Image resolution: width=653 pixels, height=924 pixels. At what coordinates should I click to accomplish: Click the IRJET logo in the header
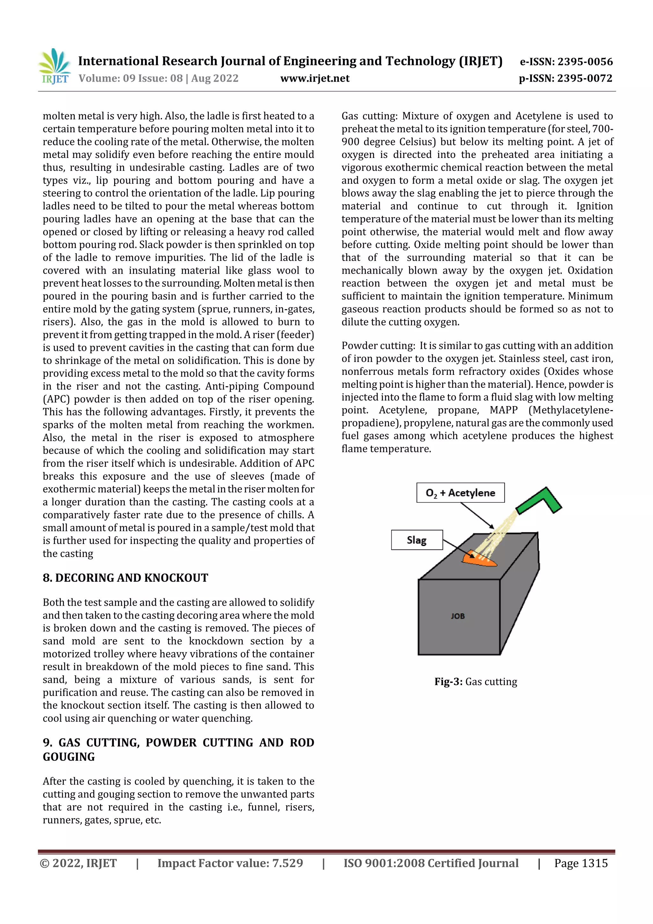tap(54, 66)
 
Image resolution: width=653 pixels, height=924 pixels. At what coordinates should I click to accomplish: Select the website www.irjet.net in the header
tap(315, 78)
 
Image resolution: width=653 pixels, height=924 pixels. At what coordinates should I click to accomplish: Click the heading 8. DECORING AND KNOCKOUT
tap(126, 578)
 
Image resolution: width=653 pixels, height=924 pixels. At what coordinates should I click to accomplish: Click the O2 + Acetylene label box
tap(460, 492)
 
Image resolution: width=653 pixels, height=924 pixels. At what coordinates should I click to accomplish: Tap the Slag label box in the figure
tap(416, 540)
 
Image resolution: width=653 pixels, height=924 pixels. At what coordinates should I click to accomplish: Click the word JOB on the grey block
tap(458, 616)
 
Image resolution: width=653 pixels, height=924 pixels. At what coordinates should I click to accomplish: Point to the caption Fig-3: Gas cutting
tap(476, 682)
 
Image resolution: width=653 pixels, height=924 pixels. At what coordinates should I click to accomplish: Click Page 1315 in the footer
tap(581, 863)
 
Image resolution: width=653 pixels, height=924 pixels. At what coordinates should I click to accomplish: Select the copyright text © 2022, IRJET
tap(78, 863)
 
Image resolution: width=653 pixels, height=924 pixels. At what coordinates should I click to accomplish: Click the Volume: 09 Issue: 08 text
tap(158, 78)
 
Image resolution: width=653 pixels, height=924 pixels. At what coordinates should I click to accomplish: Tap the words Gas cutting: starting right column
tap(369, 116)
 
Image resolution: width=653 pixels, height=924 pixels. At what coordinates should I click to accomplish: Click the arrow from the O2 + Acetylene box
tap(477, 515)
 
